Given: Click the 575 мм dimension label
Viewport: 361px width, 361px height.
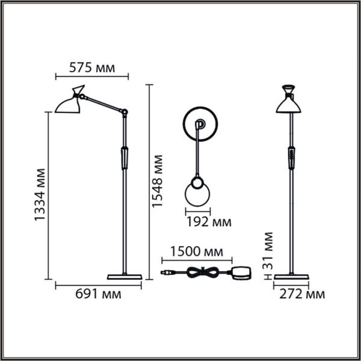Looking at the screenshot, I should coord(91,67).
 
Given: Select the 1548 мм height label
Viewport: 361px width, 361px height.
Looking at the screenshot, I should coord(157,181).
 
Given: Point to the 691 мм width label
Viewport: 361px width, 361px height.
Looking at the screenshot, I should coord(98,294).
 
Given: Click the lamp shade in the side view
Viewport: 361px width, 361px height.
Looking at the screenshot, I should coord(67,103).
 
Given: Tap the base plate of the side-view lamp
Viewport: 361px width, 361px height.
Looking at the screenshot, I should coord(125,277).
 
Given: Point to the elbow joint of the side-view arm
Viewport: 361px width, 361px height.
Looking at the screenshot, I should coord(125,112).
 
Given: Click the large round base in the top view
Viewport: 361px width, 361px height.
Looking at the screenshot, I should coord(199,125).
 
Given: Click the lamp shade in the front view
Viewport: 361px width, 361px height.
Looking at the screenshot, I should coord(289,103).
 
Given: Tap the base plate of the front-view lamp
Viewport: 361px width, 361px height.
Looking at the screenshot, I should coord(291,277).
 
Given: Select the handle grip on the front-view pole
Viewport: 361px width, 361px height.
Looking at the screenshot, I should coord(291,158).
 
